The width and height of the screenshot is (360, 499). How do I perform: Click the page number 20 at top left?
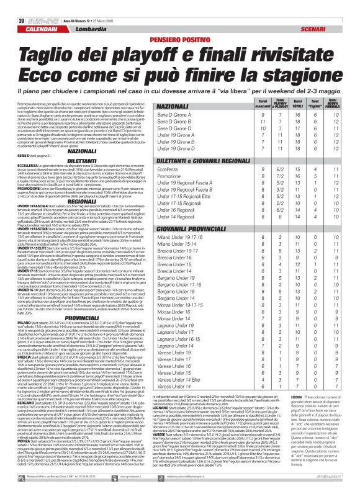pos(13,4)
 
